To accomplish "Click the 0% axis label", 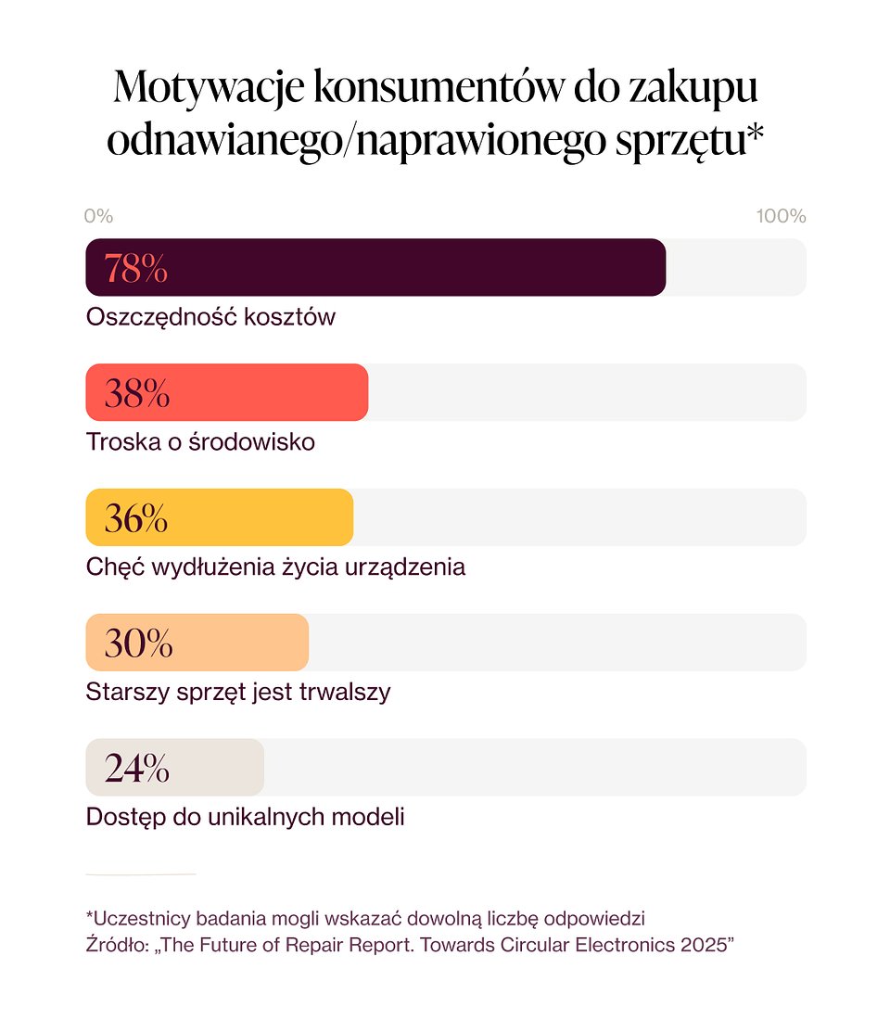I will pyautogui.click(x=98, y=216).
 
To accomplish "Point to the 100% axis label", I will pyautogui.click(x=781, y=216).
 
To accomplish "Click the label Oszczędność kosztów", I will pyautogui.click(x=210, y=317).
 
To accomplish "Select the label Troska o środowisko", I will pyautogui.click(x=200, y=442).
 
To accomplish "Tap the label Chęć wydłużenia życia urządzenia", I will pyautogui.click(x=275, y=567).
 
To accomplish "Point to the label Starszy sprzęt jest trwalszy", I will pyautogui.click(x=238, y=692).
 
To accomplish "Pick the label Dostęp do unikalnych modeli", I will pyautogui.click(x=245, y=817).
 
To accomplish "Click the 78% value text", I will pyautogui.click(x=135, y=268).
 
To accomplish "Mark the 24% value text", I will pyautogui.click(x=136, y=769).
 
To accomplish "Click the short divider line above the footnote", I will pyautogui.click(x=141, y=873).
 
